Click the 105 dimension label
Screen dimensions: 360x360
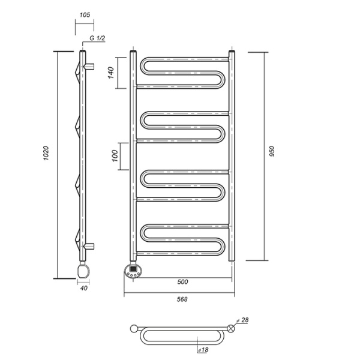pos(85,15)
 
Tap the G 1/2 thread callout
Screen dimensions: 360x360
pos(97,38)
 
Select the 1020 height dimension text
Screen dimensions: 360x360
pos(46,153)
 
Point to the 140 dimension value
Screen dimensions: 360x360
pos(111,73)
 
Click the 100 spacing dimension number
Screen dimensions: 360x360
pos(115,156)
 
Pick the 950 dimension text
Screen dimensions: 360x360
pos(272,151)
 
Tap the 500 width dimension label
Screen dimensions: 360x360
pos(182,282)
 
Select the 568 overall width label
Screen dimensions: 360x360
pos(182,299)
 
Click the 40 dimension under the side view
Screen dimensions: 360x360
pos(84,288)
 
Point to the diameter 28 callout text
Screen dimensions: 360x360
pos(242,320)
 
